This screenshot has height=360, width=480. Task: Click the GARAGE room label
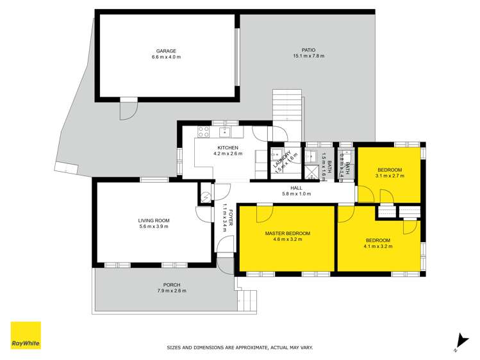click(x=166, y=51)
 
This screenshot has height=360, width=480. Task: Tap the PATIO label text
click(x=309, y=50)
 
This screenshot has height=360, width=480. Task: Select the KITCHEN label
click(x=228, y=148)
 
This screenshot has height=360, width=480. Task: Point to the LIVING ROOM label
click(x=154, y=220)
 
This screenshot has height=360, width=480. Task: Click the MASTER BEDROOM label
click(x=287, y=233)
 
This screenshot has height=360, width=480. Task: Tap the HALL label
click(x=296, y=188)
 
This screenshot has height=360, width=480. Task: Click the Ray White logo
click(x=26, y=336)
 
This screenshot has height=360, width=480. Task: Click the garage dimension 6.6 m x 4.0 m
click(x=166, y=57)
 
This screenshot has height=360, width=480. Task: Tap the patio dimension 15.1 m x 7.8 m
click(x=309, y=56)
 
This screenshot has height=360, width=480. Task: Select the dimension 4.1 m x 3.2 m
click(x=377, y=245)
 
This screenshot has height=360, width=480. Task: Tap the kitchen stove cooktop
click(x=204, y=133)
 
